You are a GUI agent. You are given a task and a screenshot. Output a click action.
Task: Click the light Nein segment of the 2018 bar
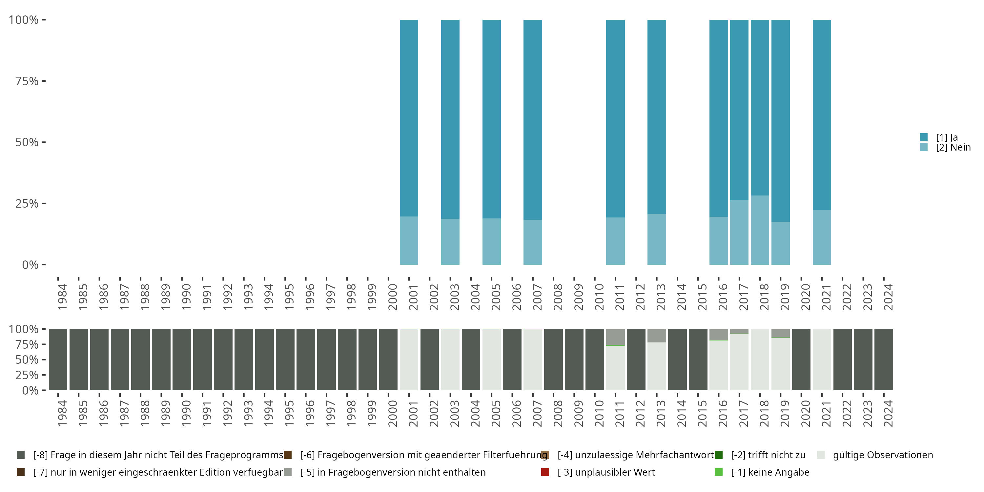click(760, 230)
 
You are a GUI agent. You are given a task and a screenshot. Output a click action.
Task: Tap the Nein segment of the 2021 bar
click(822, 237)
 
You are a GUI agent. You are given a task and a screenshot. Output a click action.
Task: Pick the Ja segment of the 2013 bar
click(657, 116)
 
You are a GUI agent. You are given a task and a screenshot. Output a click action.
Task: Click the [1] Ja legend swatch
click(924, 137)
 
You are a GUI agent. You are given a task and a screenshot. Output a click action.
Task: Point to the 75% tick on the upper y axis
click(44, 81)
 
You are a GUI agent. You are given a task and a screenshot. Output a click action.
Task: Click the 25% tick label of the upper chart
click(27, 204)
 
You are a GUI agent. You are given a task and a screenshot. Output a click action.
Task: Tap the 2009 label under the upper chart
click(578, 297)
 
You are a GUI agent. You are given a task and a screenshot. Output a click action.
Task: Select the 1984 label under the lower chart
click(62, 413)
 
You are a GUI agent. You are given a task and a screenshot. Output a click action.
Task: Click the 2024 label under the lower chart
click(888, 413)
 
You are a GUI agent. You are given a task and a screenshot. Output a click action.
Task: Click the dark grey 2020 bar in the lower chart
click(801, 359)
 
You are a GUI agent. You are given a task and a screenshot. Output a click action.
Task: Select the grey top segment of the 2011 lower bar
click(615, 337)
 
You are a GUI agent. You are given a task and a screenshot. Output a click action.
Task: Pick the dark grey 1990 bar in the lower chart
click(182, 359)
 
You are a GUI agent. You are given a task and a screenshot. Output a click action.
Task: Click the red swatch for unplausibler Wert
click(545, 472)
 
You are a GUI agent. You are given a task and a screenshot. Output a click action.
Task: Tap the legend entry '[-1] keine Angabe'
click(770, 472)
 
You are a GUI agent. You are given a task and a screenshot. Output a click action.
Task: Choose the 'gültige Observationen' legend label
click(882, 455)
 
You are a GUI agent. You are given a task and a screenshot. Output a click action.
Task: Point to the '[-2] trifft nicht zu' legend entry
click(768, 455)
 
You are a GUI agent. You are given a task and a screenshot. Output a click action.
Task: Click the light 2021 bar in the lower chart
click(822, 359)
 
